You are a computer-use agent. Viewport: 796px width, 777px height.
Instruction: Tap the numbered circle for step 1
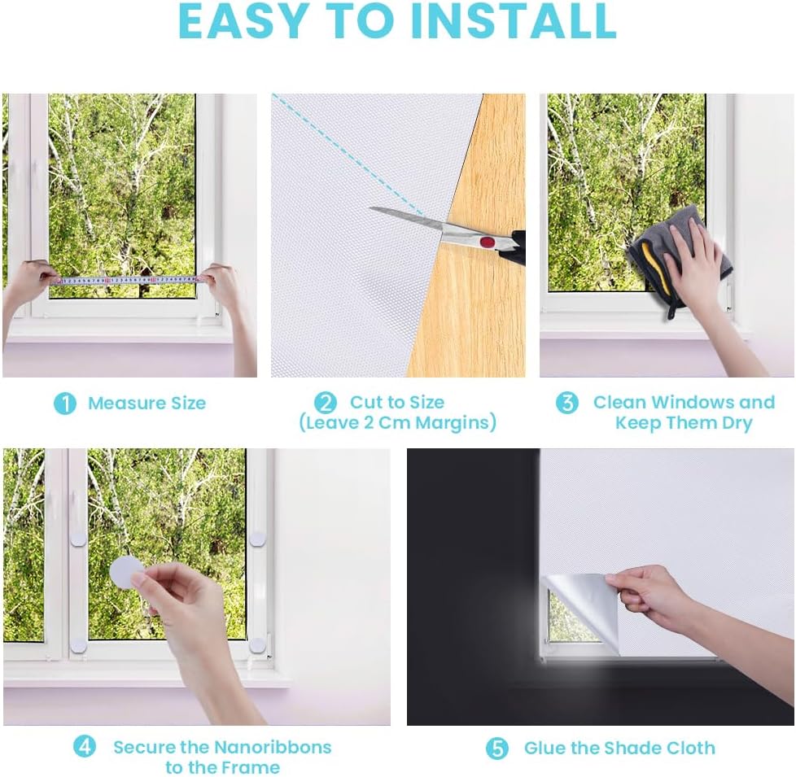pyautogui.click(x=65, y=404)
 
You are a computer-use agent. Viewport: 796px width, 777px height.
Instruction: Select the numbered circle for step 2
pyautogui.click(x=325, y=403)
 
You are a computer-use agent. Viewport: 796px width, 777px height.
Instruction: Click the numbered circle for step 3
pyautogui.click(x=567, y=403)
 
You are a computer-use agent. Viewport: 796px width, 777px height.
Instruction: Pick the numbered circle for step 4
pyautogui.click(x=85, y=747)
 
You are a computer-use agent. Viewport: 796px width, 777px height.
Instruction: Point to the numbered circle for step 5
pyautogui.click(x=497, y=749)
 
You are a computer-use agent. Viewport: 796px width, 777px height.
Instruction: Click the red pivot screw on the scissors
pyautogui.click(x=488, y=242)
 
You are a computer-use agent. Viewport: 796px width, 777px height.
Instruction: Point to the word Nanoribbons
pyautogui.click(x=273, y=747)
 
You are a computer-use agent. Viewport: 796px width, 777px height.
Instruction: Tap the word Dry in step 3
pyautogui.click(x=736, y=423)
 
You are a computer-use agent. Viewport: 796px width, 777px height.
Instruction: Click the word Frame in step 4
pyautogui.click(x=253, y=767)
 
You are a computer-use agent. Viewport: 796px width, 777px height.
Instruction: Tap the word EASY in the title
pyautogui.click(x=243, y=21)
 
